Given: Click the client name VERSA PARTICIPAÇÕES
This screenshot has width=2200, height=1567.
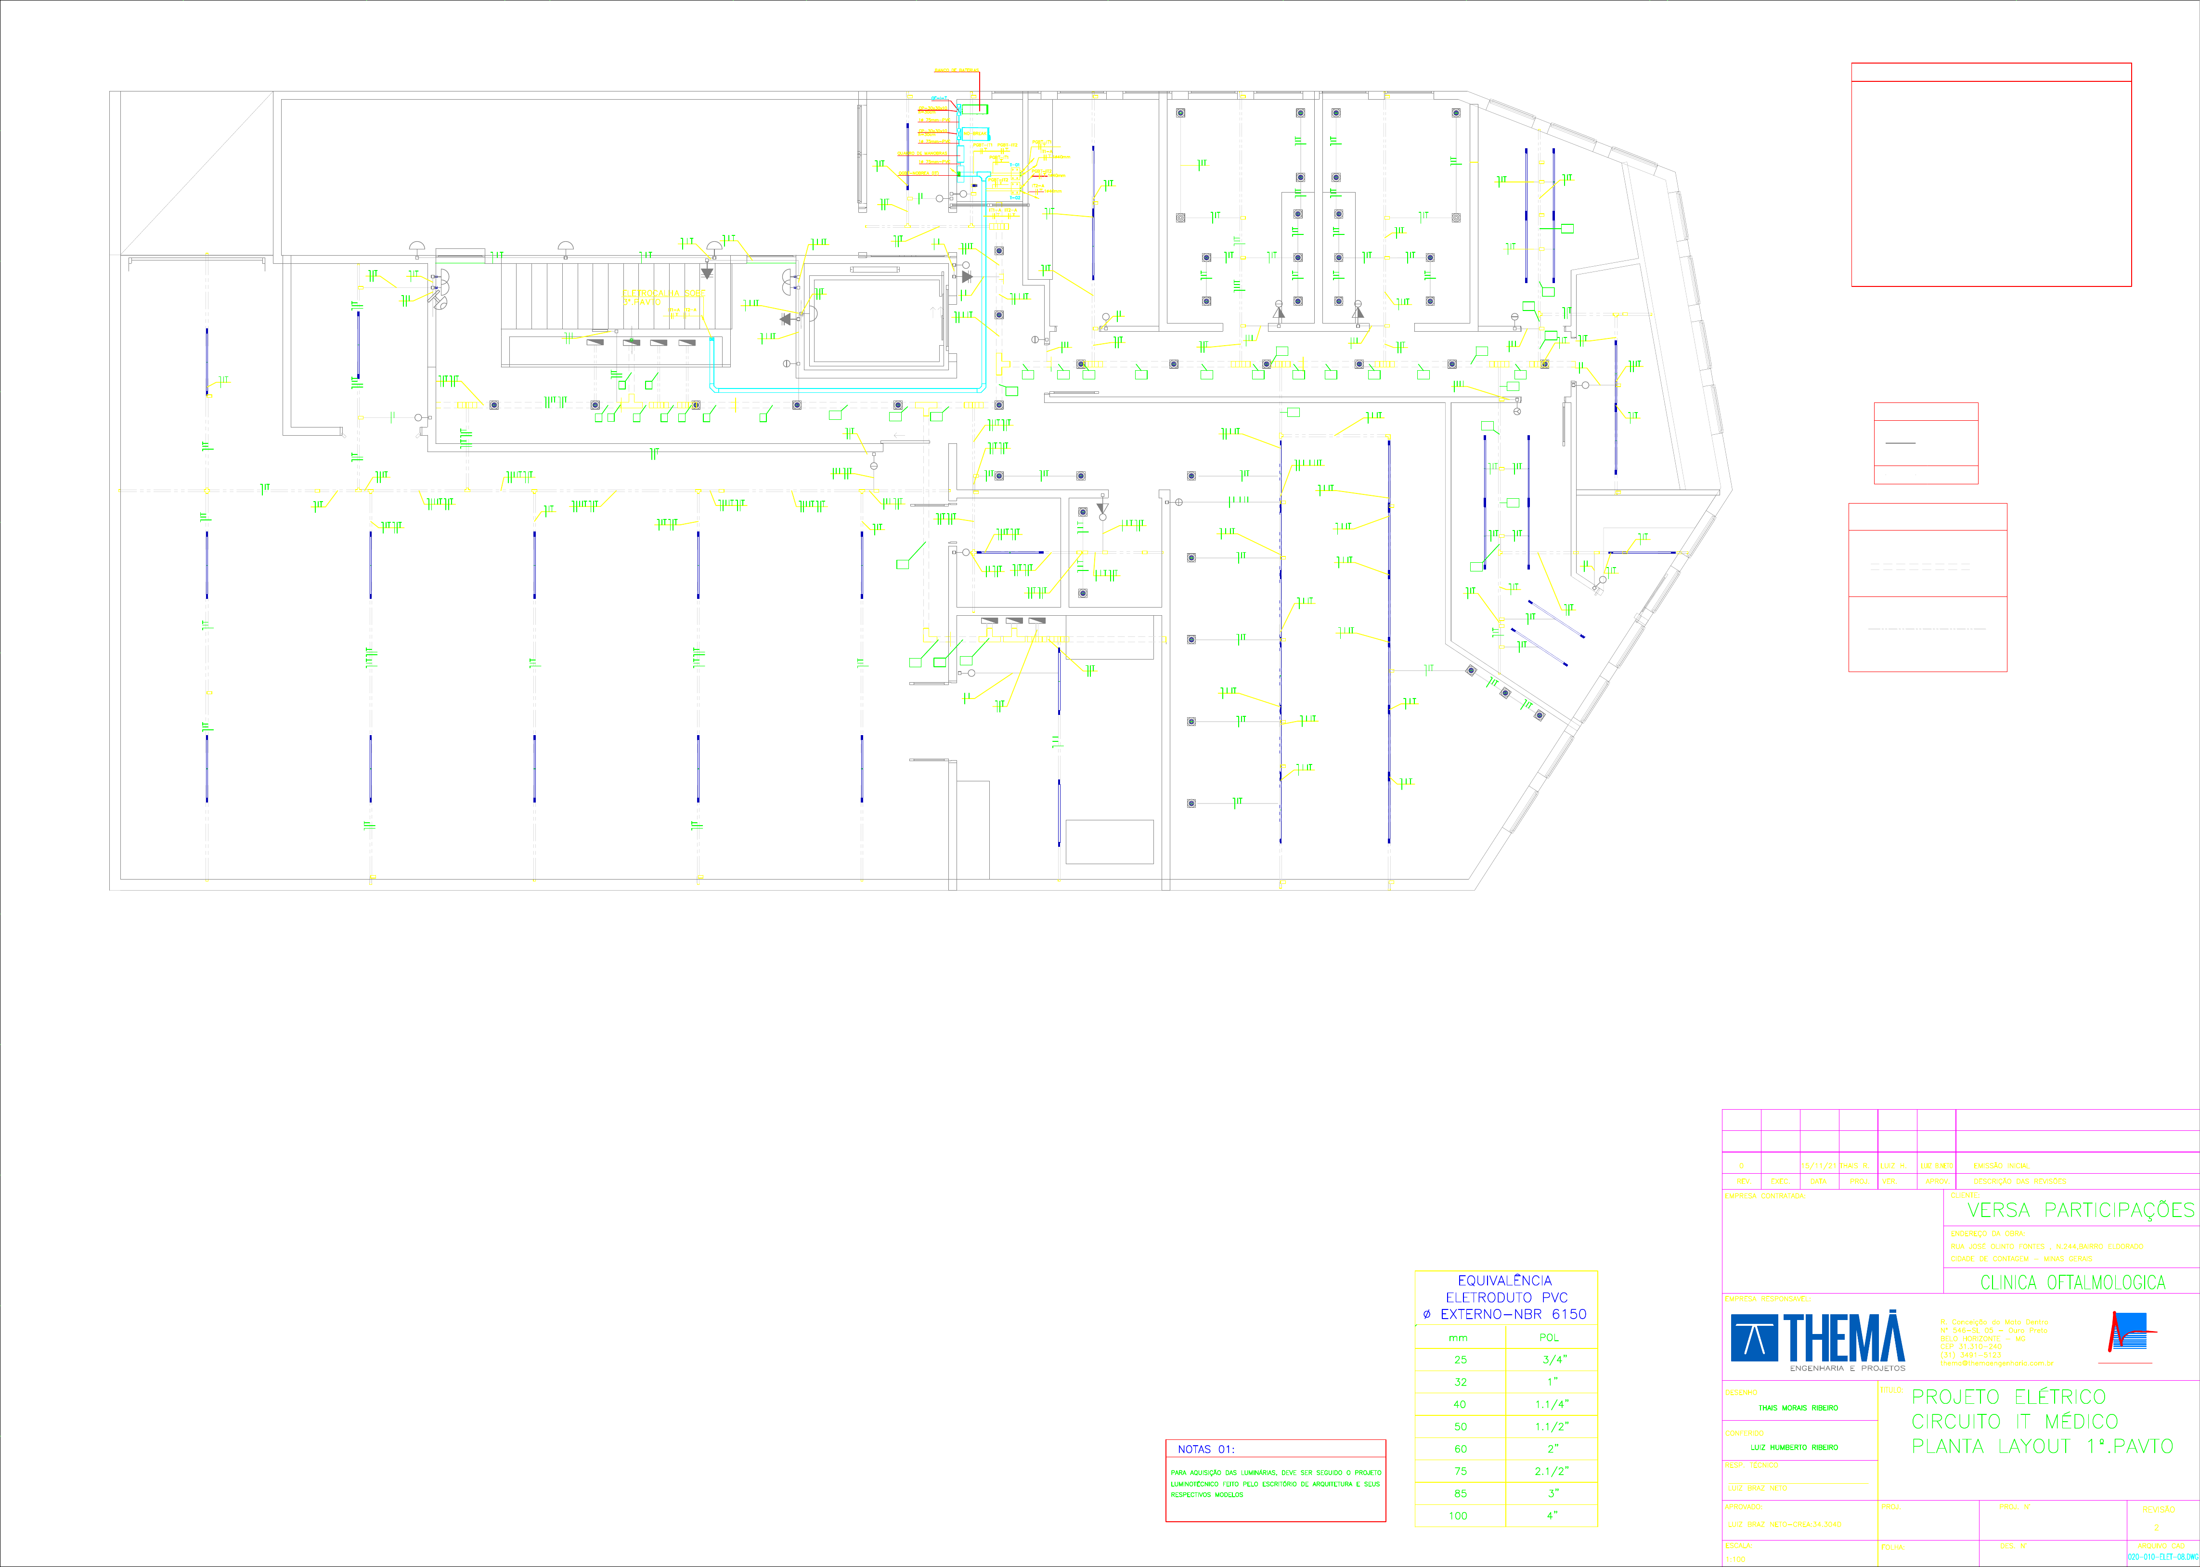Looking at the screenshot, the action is click(x=2080, y=1210).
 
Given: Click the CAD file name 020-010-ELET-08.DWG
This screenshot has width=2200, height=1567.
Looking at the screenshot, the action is click(x=2162, y=1556).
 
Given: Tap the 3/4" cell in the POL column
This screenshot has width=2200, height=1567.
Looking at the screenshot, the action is click(x=1553, y=1360).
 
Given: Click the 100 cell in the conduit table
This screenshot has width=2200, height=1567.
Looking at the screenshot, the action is click(x=1458, y=1516).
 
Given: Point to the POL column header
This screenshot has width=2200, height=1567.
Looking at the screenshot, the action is click(x=1549, y=1337).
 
